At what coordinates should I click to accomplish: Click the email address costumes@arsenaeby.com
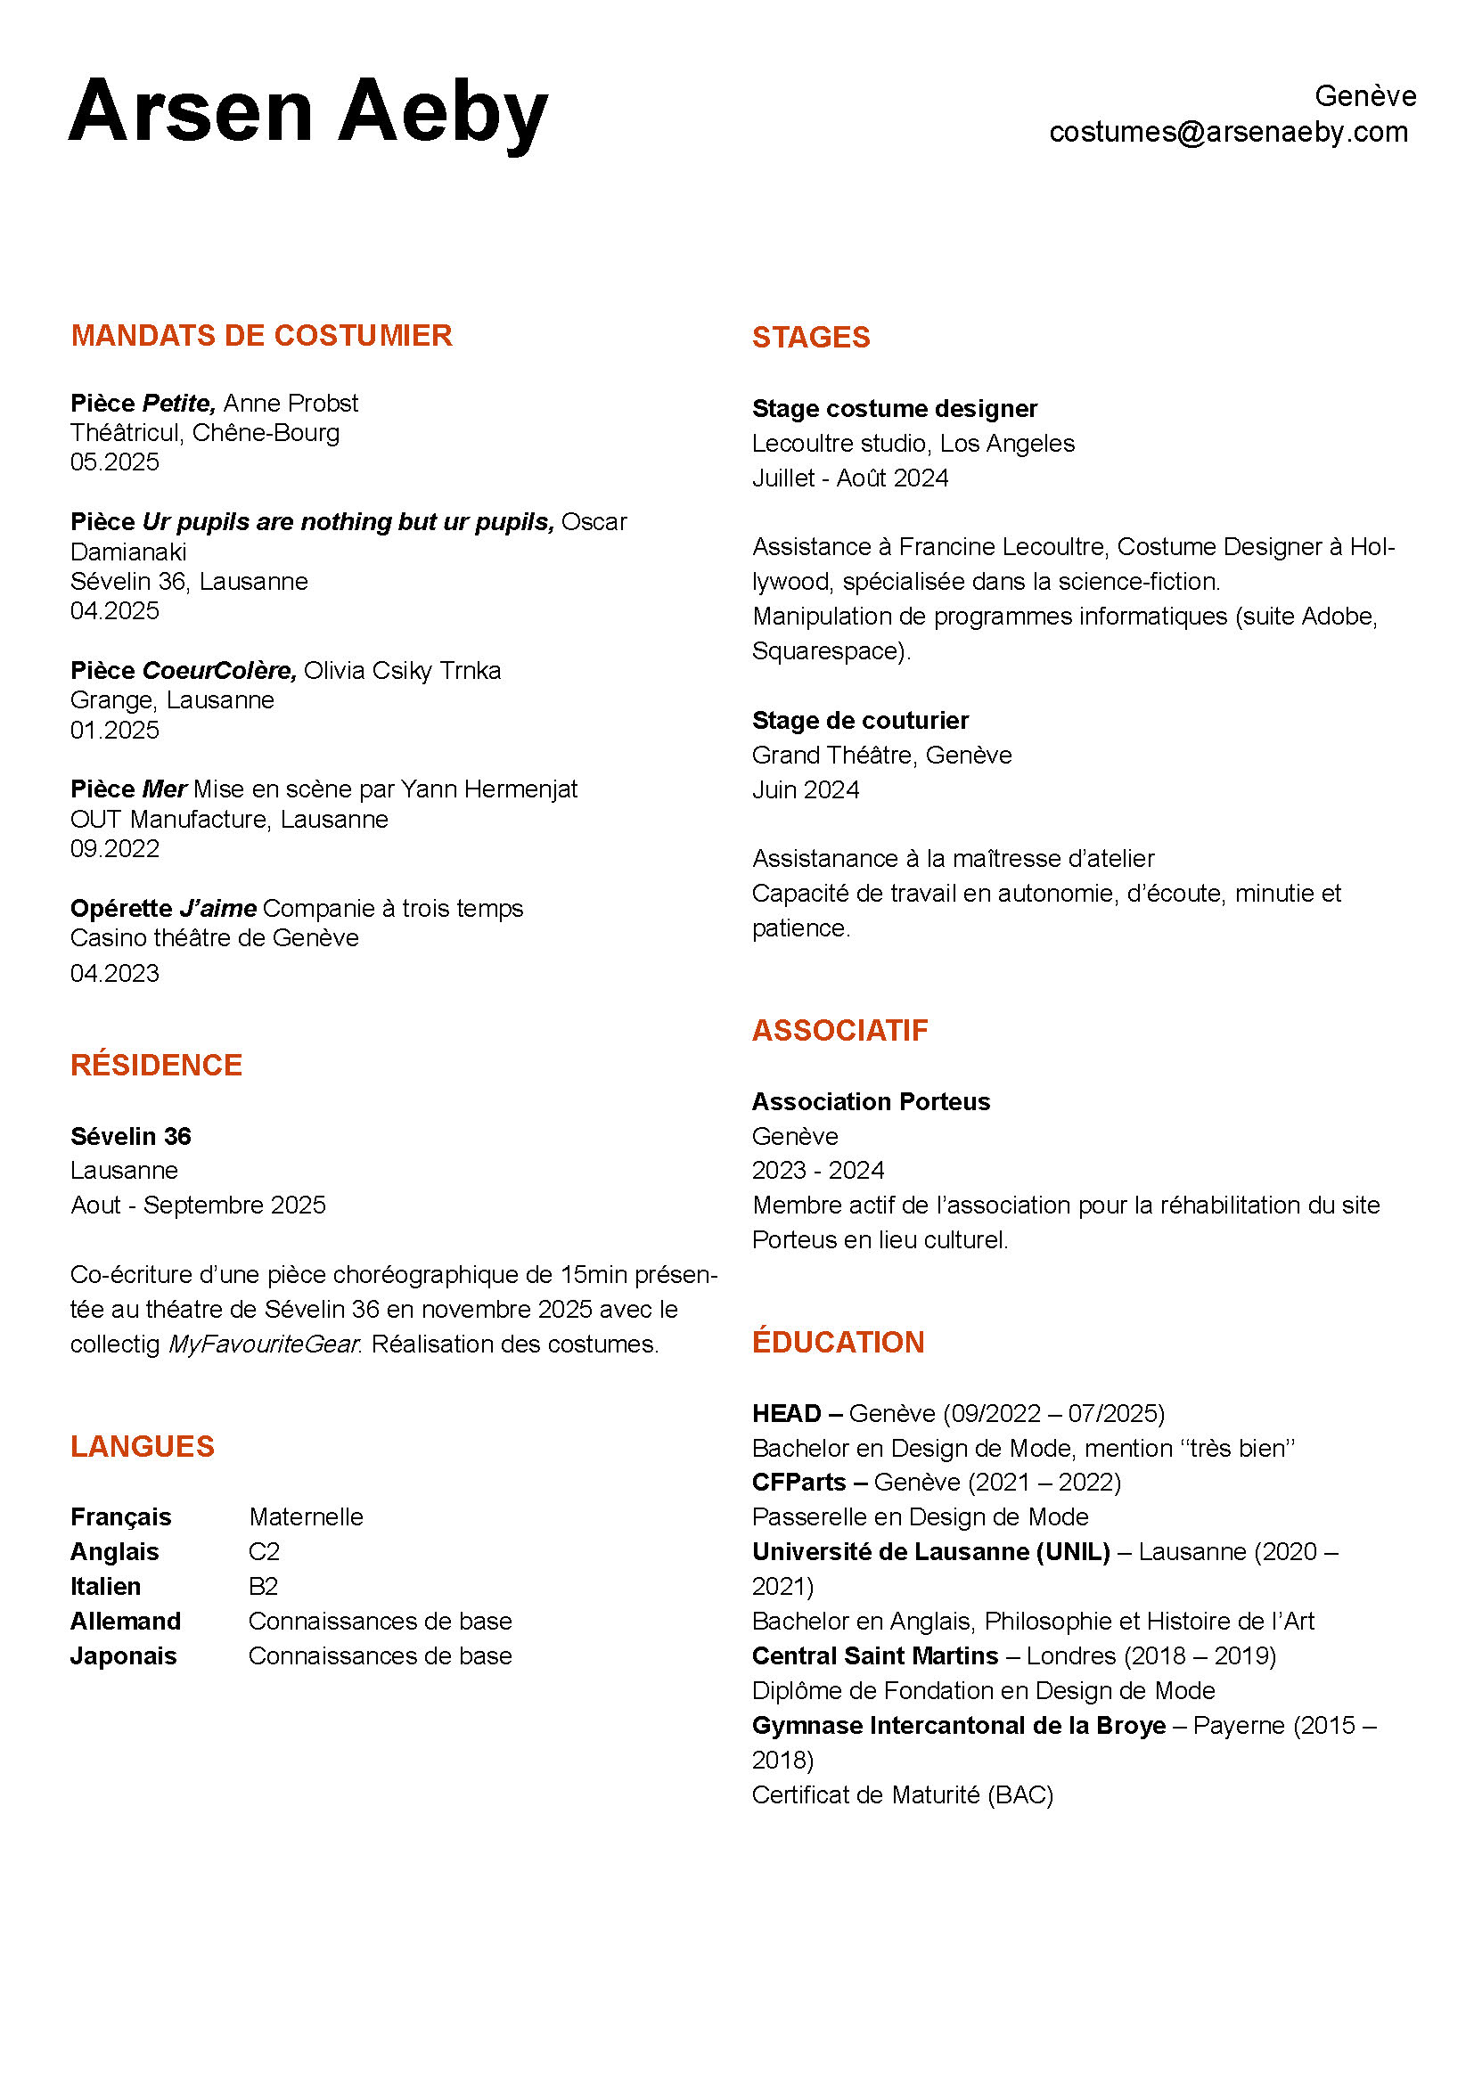1228,133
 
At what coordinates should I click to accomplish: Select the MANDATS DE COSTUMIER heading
261,336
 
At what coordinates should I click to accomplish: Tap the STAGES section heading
810,338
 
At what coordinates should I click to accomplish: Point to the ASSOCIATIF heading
839,1030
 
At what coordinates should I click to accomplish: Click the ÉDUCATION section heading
838,1343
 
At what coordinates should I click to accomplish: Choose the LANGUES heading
143,1447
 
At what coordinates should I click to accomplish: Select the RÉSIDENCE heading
156,1066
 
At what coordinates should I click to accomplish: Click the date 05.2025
114,462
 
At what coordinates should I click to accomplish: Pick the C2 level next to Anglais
264,1552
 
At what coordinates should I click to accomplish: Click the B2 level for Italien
263,1587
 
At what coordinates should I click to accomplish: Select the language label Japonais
124,1656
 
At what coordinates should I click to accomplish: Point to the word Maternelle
306,1517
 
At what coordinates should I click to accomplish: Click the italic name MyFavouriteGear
263,1344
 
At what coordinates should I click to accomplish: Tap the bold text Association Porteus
871,1102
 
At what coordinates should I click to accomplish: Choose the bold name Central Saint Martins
875,1656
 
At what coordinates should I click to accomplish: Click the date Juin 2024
805,790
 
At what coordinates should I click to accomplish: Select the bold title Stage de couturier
859,721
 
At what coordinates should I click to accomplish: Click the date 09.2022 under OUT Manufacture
114,849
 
